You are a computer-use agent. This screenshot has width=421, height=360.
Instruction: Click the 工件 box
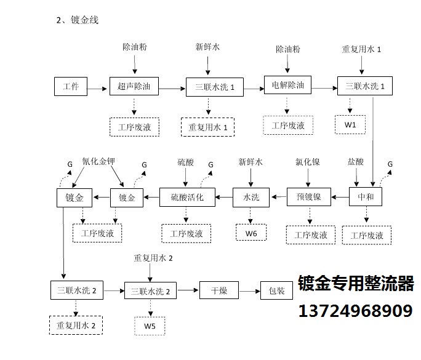coord(71,86)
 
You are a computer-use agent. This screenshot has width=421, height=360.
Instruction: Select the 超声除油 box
coord(134,86)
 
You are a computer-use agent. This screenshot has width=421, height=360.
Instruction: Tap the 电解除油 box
coord(287,85)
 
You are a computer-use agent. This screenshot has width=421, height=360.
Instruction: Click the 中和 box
coord(366,197)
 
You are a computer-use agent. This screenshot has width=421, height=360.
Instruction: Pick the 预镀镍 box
coord(309,197)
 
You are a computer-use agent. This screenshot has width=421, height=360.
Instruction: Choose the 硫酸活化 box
coord(187,197)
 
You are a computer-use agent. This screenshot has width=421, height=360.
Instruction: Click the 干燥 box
coord(219,290)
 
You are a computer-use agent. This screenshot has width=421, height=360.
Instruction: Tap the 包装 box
coord(276,290)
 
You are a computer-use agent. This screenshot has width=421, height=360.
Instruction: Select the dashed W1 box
coord(350,124)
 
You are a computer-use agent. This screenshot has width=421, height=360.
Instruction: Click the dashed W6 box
coord(251,232)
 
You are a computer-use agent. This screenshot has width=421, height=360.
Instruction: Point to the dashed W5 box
coord(150,326)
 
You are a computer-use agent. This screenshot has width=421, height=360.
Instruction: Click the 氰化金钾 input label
coord(98,161)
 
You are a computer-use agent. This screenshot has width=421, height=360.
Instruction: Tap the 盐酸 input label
coord(356,162)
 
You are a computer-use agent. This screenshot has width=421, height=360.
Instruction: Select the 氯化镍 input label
coord(308,162)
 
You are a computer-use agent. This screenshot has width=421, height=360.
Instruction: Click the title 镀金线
coord(84,20)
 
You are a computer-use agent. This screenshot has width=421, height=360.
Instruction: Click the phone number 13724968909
coord(356,311)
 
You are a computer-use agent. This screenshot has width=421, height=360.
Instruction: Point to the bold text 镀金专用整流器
coord(356,283)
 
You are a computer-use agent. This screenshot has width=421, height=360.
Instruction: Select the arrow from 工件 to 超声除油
coord(97,89)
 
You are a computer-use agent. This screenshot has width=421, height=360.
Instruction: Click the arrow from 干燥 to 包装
coord(249,291)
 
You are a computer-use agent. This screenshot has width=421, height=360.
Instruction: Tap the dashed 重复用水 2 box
coord(76,326)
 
